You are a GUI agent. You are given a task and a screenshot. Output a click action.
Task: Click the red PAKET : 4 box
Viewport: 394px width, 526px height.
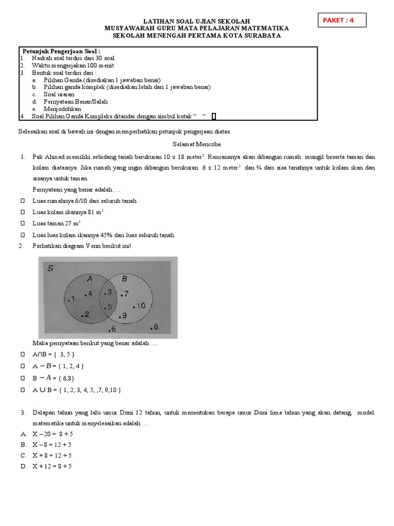click(343, 20)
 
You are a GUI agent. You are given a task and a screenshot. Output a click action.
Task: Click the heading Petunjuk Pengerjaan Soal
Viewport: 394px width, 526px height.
click(62, 51)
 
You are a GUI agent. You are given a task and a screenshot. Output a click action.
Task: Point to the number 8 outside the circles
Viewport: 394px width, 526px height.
click(154, 327)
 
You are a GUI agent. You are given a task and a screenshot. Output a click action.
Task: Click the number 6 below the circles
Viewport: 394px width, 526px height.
click(112, 329)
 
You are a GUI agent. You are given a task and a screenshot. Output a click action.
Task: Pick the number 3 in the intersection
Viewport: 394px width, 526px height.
click(108, 292)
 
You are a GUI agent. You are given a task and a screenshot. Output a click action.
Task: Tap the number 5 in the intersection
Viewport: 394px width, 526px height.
click(108, 307)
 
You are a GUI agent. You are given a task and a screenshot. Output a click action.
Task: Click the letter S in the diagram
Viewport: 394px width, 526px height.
click(51, 268)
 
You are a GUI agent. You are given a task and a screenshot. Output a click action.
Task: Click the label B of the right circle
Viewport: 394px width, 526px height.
click(124, 279)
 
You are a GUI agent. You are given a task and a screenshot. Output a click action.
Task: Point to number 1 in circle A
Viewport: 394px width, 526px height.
click(72, 298)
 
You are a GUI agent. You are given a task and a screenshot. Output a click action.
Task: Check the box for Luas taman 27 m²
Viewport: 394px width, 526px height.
click(23, 223)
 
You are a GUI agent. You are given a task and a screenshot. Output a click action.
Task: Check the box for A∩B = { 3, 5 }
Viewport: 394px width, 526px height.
click(23, 354)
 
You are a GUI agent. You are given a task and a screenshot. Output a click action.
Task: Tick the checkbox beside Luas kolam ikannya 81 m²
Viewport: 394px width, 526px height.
click(23, 212)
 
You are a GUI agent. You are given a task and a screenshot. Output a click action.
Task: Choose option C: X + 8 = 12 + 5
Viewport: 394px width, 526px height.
click(46, 455)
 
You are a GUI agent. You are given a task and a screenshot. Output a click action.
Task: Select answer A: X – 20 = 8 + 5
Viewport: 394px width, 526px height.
click(46, 434)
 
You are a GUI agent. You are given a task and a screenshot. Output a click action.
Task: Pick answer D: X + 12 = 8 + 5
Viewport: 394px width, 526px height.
click(46, 466)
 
